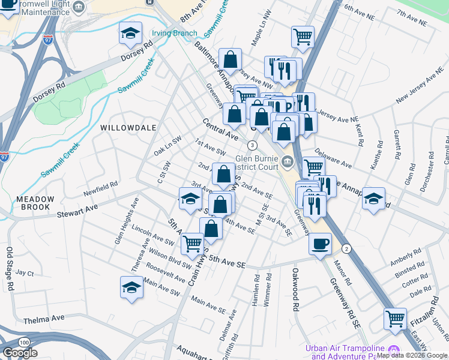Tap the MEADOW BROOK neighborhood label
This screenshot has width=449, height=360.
[35, 203]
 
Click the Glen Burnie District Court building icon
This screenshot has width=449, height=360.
[288, 160]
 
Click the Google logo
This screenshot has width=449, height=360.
[20, 353]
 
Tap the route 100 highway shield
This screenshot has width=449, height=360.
[23, 342]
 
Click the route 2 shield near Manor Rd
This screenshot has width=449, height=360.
[346, 248]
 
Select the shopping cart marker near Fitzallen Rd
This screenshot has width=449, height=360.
[395, 319]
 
